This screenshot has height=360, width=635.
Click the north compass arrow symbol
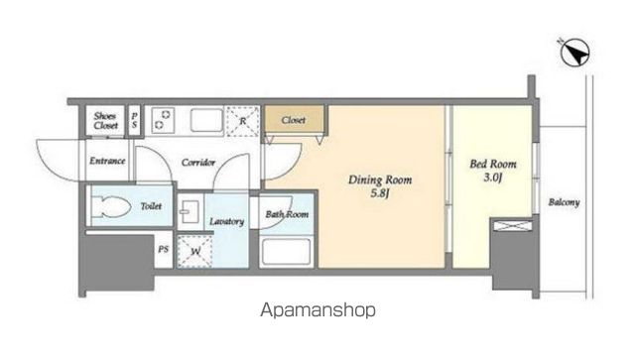[x=574, y=53]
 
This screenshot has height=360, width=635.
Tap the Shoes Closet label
[x=106, y=121]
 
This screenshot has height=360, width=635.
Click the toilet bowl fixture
[x=110, y=207]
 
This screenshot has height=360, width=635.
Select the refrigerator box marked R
[x=242, y=121]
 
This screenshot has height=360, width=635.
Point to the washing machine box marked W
[x=195, y=251]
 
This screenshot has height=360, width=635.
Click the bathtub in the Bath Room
[x=287, y=252]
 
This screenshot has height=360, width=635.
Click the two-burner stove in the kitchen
[x=163, y=120]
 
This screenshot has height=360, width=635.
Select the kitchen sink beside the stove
[x=206, y=120]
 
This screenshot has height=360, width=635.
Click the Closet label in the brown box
[x=294, y=120]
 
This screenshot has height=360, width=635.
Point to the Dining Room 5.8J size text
[x=379, y=192]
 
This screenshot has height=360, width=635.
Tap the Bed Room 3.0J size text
[x=492, y=177]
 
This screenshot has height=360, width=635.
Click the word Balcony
[x=564, y=202]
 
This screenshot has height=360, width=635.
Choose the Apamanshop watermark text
[x=317, y=310]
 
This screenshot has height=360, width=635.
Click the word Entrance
[x=107, y=161]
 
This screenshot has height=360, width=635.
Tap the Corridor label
[x=198, y=163]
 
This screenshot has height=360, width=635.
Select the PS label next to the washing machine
[x=163, y=249]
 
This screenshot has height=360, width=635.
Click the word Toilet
[x=151, y=206]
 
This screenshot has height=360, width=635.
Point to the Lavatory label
[x=227, y=221]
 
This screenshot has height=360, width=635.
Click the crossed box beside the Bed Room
[x=513, y=225]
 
